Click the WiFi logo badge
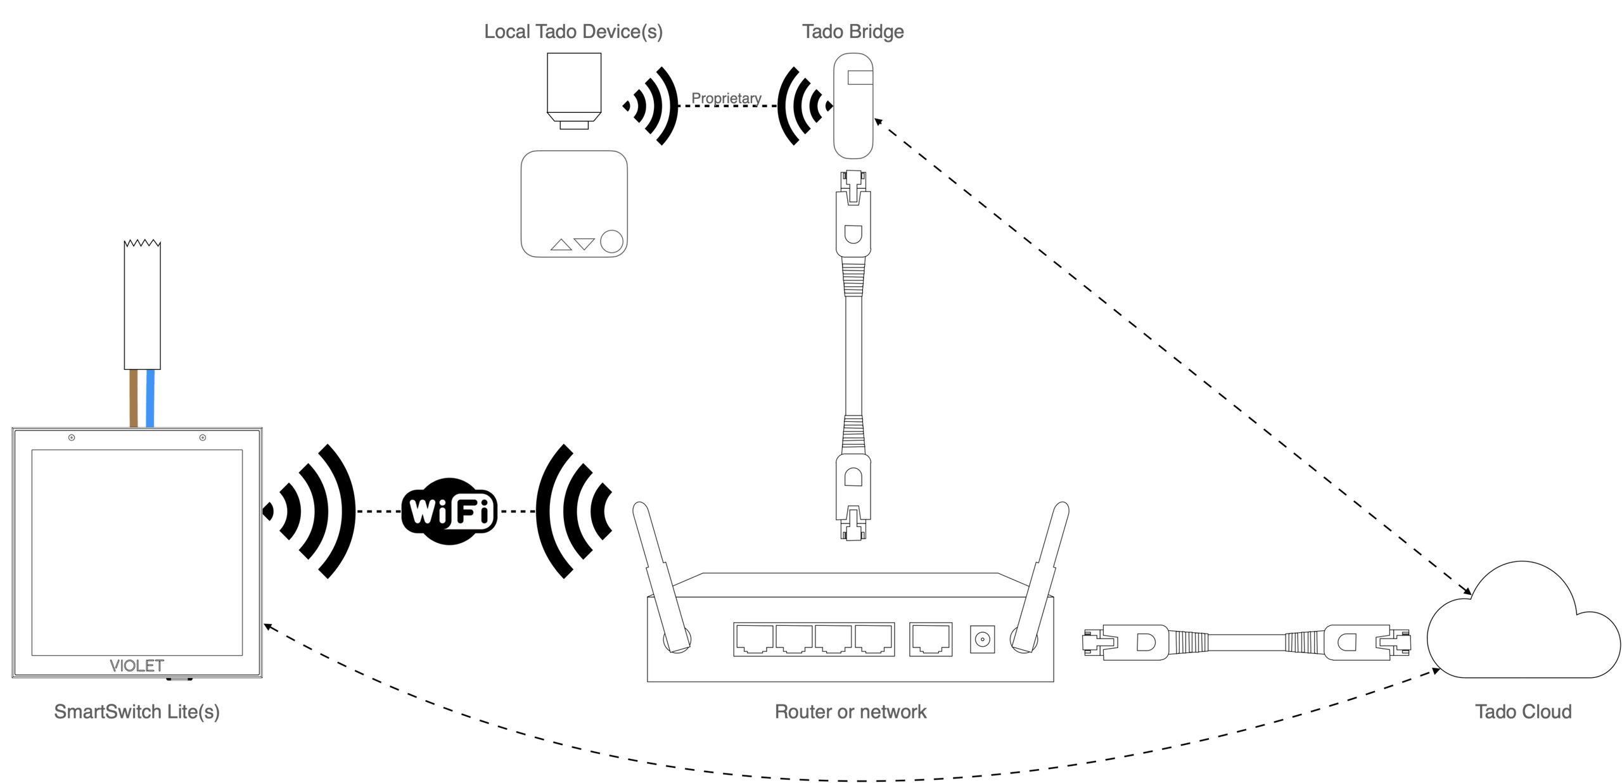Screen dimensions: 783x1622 click(x=448, y=511)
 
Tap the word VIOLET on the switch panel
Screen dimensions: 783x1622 click(x=137, y=666)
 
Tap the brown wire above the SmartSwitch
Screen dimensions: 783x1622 click(x=133, y=399)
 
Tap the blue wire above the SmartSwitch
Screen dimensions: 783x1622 click(x=150, y=399)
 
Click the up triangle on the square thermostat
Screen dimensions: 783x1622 click(x=561, y=245)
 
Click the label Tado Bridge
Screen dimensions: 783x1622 click(x=853, y=32)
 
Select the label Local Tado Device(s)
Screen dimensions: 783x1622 click(x=574, y=32)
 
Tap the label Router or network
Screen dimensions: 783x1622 click(x=850, y=711)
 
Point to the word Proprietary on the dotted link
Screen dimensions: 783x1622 click(x=727, y=99)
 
